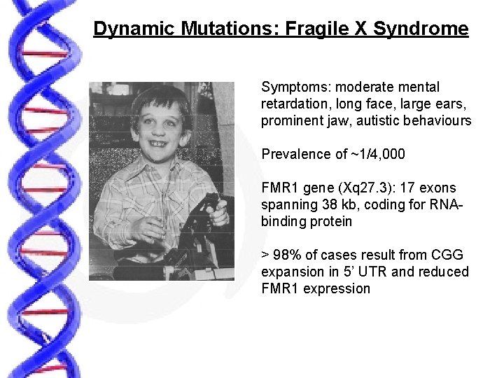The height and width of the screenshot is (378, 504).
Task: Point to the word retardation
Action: pos(295,104)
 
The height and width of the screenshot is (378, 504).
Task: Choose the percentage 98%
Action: pos(288,255)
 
